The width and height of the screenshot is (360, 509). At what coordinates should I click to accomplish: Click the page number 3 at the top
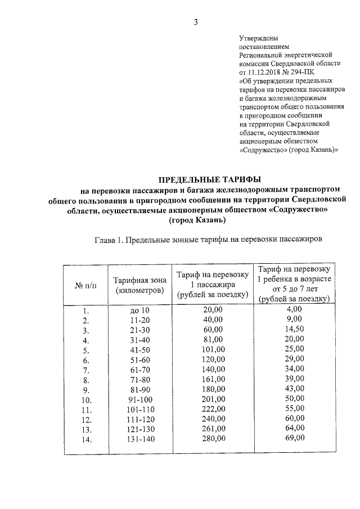pyautogui.click(x=196, y=22)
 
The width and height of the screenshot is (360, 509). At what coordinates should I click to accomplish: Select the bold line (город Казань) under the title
pyautogui.click(x=196, y=220)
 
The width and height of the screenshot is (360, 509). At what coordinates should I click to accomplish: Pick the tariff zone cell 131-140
pyautogui.click(x=138, y=439)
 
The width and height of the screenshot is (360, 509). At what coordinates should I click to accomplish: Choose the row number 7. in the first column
pyautogui.click(x=86, y=370)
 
